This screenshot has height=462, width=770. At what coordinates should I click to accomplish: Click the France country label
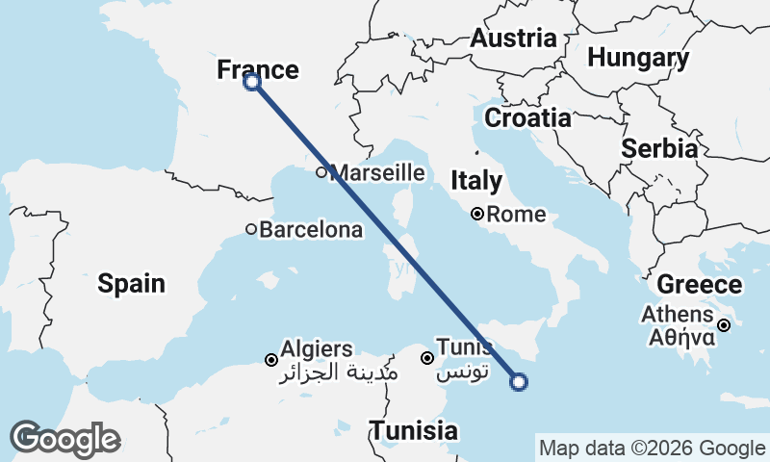coord(257,69)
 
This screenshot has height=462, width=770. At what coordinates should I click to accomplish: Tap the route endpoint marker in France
coord(252,82)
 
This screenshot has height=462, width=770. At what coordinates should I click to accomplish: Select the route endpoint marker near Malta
coord(519,383)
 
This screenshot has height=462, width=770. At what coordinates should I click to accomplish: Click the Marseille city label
coord(377,173)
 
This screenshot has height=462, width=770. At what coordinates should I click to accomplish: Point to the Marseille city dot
coord(322,173)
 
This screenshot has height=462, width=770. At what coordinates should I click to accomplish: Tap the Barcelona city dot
coord(251,229)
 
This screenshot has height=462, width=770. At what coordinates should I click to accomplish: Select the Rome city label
coord(516,215)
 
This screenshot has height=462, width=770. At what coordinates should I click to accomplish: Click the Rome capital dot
coord(477,214)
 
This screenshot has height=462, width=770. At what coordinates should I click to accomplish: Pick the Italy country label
coord(476,180)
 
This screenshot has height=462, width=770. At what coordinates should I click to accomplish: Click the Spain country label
coord(132,284)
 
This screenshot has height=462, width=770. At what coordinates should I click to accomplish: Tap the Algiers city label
coord(317,349)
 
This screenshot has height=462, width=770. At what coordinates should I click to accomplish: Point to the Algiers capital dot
coord(271,360)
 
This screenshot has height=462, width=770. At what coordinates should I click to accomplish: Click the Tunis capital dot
coord(427,358)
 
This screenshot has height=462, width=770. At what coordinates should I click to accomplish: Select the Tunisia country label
coord(415,430)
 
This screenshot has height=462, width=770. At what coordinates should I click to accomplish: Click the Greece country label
coord(700,285)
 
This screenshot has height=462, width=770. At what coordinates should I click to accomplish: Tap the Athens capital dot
coord(724,325)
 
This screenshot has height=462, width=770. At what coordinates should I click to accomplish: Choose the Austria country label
coord(513,38)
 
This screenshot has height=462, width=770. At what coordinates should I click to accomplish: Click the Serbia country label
coord(659,149)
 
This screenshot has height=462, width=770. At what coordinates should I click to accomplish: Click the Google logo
coord(64,439)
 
